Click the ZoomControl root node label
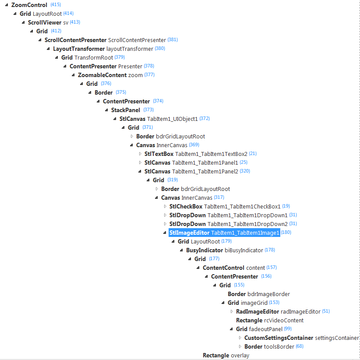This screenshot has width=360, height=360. pyautogui.click(x=29, y=5)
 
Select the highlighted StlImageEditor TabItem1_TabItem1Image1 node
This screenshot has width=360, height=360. pyautogui.click(x=224, y=233)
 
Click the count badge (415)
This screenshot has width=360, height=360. pyautogui.click(x=56, y=4)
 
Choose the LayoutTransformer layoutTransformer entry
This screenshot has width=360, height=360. pyautogui.click(x=103, y=49)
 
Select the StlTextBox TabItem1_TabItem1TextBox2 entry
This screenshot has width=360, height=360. pyautogui.click(x=196, y=154)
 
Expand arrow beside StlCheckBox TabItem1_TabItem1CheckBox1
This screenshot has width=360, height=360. pyautogui.click(x=165, y=206)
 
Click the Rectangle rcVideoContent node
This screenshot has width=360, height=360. pyautogui.click(x=269, y=320)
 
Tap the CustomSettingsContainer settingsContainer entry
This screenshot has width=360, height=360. pyautogui.click(x=301, y=338)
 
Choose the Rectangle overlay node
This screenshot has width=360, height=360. pyautogui.click(x=226, y=355)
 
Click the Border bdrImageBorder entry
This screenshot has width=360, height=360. pyautogui.click(x=258, y=294)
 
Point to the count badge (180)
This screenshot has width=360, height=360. pyautogui.click(x=286, y=232)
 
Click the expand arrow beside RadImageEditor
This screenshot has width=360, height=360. pyautogui.click(x=232, y=311)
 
